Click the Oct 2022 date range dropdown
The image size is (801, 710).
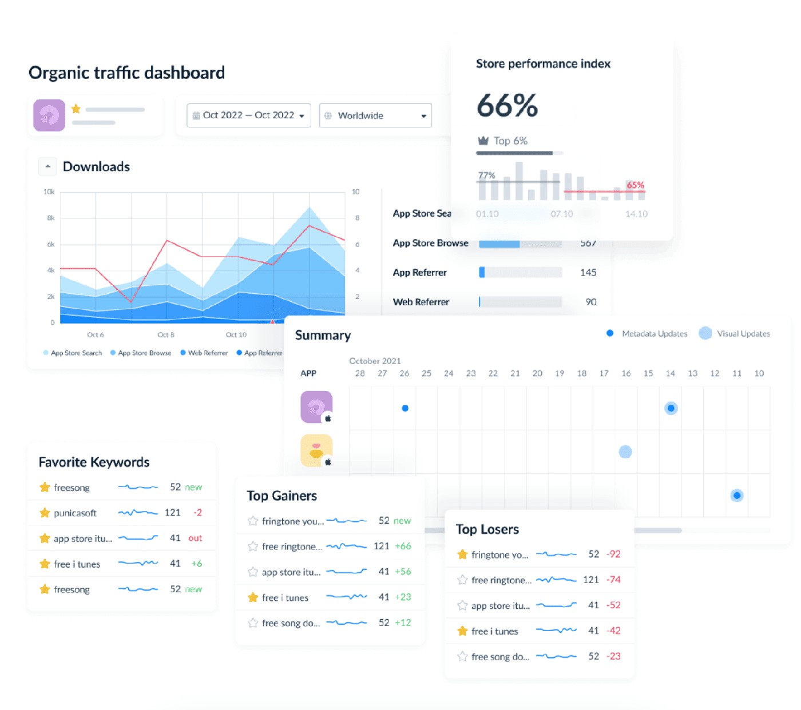click(x=248, y=115)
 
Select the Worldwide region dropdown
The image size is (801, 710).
click(x=375, y=115)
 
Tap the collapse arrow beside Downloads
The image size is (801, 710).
click(x=47, y=166)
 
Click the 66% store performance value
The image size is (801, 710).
click(x=507, y=106)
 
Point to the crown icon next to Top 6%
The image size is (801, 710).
click(x=483, y=141)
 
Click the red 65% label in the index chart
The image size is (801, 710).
click(x=635, y=185)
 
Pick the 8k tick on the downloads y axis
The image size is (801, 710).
click(x=51, y=218)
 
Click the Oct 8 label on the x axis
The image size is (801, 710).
click(x=166, y=335)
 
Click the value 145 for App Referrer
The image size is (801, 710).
click(x=588, y=273)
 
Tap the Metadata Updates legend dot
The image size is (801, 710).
click(x=610, y=333)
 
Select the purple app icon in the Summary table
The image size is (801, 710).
click(x=316, y=407)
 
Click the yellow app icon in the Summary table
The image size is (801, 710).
click(x=316, y=450)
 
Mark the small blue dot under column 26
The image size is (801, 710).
click(x=405, y=408)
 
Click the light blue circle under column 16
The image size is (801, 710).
click(x=625, y=452)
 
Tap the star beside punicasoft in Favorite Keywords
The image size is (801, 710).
click(x=45, y=513)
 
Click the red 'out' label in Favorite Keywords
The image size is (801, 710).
click(x=195, y=538)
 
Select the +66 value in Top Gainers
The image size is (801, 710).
click(x=403, y=546)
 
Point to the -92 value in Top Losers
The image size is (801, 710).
click(x=613, y=554)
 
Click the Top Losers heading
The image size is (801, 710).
click(x=487, y=529)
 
